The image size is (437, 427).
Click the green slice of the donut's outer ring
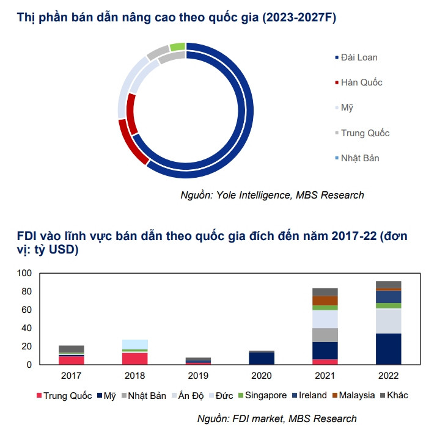click(177, 46)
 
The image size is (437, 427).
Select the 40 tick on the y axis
click(26, 328)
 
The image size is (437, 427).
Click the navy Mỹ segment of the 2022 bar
click(389, 348)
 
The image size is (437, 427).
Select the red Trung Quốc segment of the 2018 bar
click(135, 358)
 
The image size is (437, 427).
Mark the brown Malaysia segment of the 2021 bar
click(325, 300)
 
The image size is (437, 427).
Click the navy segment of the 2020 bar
click(262, 358)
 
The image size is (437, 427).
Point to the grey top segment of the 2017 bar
click(72, 349)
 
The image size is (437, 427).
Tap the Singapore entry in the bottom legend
click(263, 395)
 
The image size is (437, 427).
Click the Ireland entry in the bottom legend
click(312, 395)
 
